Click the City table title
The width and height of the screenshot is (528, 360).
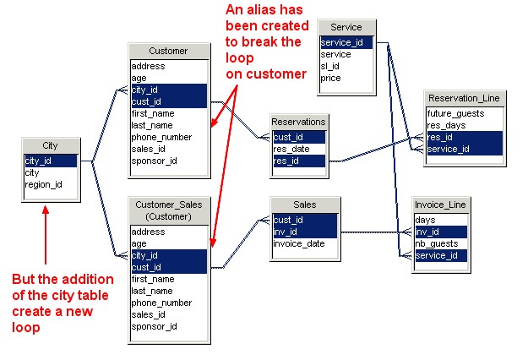coord(51,145)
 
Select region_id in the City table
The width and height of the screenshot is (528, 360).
coord(41,183)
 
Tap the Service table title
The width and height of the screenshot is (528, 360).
coord(346,28)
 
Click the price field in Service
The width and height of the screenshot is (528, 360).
coord(331,78)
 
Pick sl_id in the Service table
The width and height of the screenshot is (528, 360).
coord(329,66)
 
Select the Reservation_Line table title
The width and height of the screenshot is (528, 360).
coord(464,99)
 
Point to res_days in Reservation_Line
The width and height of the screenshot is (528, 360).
coord(447,125)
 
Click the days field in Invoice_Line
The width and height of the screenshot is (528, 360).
coord(426,219)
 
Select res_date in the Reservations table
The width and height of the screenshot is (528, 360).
coord(292,148)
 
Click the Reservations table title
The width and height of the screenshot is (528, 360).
coord(298,123)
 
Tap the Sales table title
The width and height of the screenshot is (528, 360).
coord(304,205)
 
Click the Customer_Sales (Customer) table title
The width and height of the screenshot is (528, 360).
coord(169,211)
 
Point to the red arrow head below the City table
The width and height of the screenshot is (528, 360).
coord(46,212)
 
